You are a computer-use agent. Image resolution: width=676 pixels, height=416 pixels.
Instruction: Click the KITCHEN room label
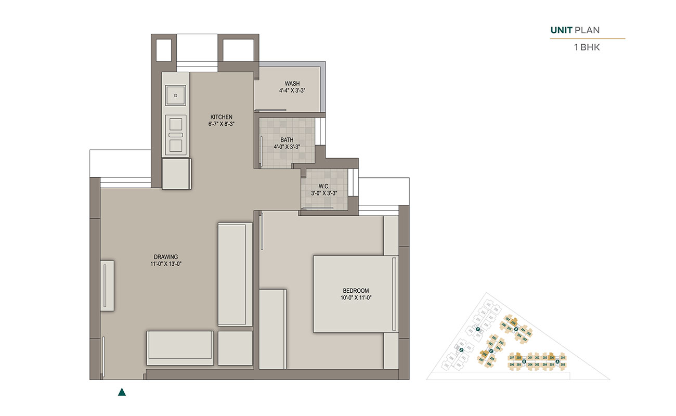point(221,116)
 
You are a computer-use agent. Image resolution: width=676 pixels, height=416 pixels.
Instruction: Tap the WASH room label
point(292,84)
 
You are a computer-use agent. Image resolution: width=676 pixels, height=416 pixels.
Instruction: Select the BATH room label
point(287,140)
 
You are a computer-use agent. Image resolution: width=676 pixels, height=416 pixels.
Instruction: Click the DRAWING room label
point(166,256)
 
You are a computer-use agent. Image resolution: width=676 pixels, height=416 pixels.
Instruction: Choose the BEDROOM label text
point(356,291)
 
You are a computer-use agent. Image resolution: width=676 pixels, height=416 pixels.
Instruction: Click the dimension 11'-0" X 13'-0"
point(166,264)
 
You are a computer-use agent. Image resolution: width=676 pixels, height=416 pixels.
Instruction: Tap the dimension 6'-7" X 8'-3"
point(221,124)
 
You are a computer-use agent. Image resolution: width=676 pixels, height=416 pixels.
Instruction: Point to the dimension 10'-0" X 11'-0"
point(356,298)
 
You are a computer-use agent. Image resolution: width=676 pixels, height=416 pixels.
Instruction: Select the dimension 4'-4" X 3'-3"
point(292,90)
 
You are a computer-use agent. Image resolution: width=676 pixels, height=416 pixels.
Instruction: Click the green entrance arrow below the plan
point(122,392)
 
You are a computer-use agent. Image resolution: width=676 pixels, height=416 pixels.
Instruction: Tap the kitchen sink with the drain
point(176,96)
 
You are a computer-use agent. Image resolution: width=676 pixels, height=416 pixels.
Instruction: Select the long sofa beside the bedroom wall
point(235,274)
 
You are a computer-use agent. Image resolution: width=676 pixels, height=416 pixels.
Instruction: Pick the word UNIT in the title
point(561,31)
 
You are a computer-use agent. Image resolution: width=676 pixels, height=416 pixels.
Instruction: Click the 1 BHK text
point(587,48)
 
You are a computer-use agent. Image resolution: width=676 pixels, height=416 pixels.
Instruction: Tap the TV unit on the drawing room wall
point(107,285)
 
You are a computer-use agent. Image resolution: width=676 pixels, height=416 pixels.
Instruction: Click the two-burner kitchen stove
point(176,135)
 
